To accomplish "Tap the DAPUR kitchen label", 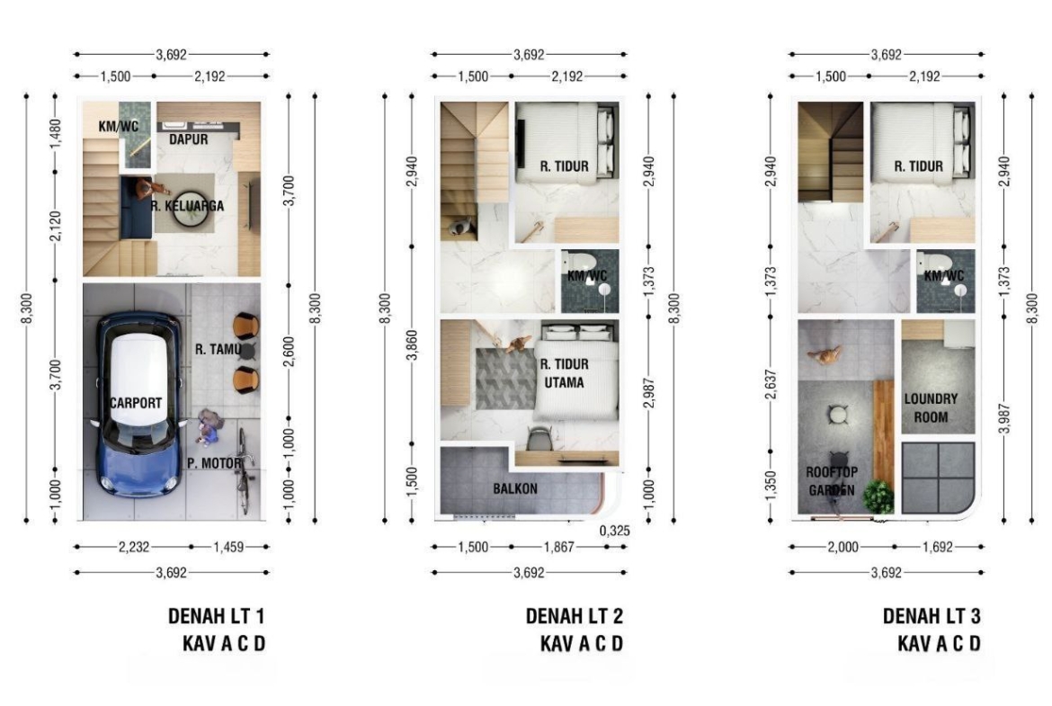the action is [189, 139].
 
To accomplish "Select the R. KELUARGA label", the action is [187, 206].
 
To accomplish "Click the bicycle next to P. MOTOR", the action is [245, 470].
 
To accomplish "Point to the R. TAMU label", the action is [218, 349].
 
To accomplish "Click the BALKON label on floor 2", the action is [515, 488].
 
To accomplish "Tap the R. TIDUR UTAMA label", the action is [565, 373].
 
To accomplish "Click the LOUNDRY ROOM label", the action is [931, 407].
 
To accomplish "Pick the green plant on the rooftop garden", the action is [878, 496].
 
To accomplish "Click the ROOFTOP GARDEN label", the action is [832, 481].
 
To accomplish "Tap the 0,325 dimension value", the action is [614, 531].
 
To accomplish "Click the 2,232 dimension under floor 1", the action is [134, 547].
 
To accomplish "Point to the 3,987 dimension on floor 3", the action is [1004, 418].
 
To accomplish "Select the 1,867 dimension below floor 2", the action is [559, 547].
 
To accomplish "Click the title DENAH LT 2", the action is [575, 616].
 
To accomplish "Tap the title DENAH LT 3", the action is [932, 616].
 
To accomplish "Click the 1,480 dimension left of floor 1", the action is [56, 134].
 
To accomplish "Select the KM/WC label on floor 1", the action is [118, 126].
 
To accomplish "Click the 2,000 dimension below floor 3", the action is [842, 547].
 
